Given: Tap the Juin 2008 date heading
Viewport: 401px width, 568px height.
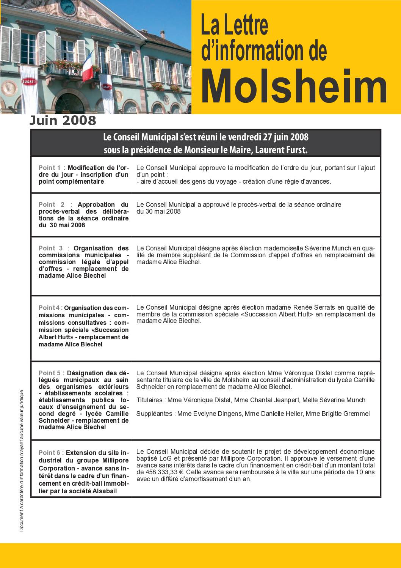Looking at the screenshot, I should click(x=63, y=120).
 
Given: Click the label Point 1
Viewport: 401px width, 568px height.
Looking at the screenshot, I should click(x=50, y=168).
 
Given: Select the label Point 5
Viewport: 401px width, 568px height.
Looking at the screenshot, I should click(x=50, y=373).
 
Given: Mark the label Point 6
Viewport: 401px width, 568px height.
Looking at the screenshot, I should click(x=50, y=453).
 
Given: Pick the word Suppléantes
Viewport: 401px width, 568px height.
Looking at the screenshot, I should click(x=154, y=414).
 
